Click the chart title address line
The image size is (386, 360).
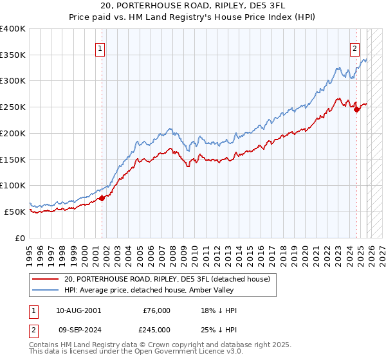pos(192,5)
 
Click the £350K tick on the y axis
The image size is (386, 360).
pos(13,55)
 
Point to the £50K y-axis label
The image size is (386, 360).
pos(15,212)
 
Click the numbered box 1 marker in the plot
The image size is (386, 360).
pos(101,47)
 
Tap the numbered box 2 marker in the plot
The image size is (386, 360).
pos(354,47)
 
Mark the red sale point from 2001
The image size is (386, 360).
pos(102,198)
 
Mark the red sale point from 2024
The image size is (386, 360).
pos(356,109)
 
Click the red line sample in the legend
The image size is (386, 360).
pos(46,279)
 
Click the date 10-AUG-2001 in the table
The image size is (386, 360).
pos(78,310)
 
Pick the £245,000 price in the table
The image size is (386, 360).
pos(156,329)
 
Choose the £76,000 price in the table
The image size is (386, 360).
pos(156,310)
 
